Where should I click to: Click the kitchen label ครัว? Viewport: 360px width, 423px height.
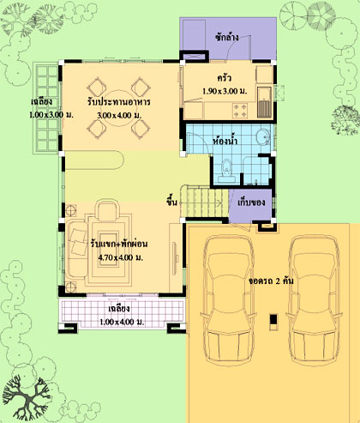tap(224, 78)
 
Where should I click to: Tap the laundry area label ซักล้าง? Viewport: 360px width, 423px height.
tap(227, 38)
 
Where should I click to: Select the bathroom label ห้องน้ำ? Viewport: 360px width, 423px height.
tap(225, 141)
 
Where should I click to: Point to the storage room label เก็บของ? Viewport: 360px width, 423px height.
tap(251, 202)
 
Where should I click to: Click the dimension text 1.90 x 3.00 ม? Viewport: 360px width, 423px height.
tap(225, 91)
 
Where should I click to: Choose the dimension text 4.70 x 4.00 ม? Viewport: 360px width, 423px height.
tap(120, 257)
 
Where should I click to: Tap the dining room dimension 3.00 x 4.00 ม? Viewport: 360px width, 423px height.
tap(119, 116)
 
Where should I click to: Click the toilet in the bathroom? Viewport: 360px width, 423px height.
tap(226, 171)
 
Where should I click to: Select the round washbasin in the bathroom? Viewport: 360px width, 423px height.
tap(262, 136)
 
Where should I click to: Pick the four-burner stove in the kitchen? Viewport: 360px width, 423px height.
tap(240, 111)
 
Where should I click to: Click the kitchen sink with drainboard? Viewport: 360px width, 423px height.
tap(264, 103)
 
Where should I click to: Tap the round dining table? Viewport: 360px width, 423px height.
tap(118, 107)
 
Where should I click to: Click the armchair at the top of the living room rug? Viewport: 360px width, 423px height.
tap(107, 210)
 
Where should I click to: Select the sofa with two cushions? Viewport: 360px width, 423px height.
tap(77, 249)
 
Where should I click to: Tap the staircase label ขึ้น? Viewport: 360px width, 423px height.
tap(171, 202)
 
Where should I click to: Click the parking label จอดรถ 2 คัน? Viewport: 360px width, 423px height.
tap(271, 281)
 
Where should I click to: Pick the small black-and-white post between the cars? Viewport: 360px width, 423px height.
tap(273, 322)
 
